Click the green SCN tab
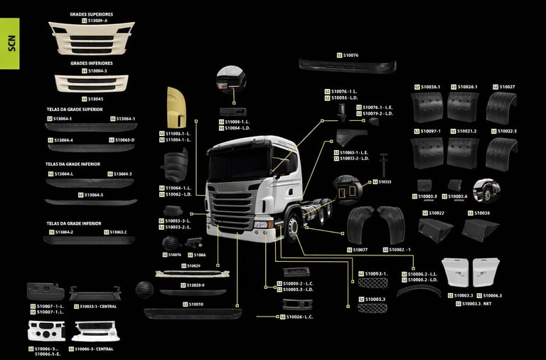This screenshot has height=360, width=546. pos(10,43)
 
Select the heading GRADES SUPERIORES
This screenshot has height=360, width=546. pos(91,14)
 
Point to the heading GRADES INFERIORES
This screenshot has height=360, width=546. pos(91,63)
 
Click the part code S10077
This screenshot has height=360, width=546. pos(360,250)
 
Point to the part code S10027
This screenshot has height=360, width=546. pos(507,87)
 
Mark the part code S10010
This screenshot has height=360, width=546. pos(196,304)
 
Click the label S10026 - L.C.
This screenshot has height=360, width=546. pos(299,316)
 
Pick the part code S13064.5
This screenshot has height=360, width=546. pos(93,195)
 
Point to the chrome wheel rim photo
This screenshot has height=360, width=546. pos(487,191)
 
